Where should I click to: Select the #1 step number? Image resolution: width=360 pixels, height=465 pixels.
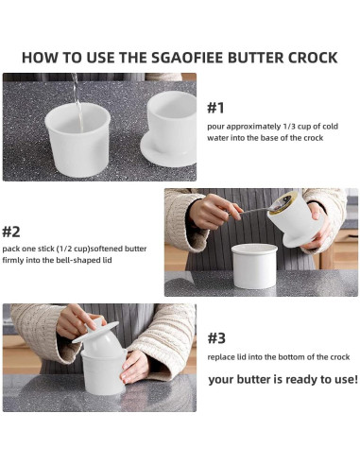click(x=215, y=108)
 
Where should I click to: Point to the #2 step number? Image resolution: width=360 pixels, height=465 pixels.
click(x=11, y=232)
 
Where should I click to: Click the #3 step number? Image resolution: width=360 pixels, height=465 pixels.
click(x=216, y=338)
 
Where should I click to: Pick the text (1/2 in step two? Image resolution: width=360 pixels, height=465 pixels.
click(x=64, y=249)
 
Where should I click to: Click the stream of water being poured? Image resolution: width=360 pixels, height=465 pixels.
click(x=77, y=102)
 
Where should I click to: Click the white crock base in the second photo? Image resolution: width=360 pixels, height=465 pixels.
click(x=254, y=267)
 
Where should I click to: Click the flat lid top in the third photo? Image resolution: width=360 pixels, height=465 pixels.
click(x=95, y=332)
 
